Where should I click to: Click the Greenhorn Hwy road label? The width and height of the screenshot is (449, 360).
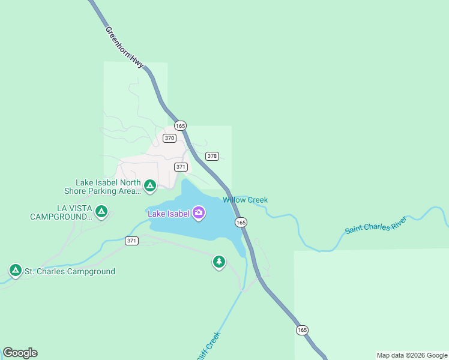tap(124, 46)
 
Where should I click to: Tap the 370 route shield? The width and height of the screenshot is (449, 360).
tap(169, 138)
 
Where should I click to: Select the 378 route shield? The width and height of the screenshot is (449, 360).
tap(212, 156)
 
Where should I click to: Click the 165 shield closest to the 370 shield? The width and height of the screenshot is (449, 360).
tap(180, 125)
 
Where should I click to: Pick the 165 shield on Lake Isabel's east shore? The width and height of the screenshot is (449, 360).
tap(241, 222)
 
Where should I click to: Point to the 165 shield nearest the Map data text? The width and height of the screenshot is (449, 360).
tap(302, 330)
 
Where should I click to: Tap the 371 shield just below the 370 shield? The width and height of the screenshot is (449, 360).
tap(181, 167)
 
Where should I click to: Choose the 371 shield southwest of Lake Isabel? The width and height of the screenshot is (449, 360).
tap(132, 241)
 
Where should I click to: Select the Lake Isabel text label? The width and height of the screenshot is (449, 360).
tap(169, 213)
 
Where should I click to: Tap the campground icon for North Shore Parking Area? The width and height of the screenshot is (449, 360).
tap(150, 186)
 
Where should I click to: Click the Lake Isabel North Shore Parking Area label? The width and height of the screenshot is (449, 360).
tap(102, 187)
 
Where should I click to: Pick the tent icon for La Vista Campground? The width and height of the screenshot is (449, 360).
tap(101, 212)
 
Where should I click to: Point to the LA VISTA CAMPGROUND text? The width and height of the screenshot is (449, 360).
tap(60, 212)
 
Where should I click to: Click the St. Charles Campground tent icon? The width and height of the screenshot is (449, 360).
tap(15, 271)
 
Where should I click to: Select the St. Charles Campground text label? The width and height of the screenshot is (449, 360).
tap(70, 271)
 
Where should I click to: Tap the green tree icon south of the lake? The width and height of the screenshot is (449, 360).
tap(219, 262)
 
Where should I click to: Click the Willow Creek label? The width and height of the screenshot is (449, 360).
tap(245, 200)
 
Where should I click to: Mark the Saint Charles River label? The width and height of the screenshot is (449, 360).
tap(376, 226)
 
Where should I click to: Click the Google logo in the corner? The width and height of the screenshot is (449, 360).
tap(20, 353)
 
